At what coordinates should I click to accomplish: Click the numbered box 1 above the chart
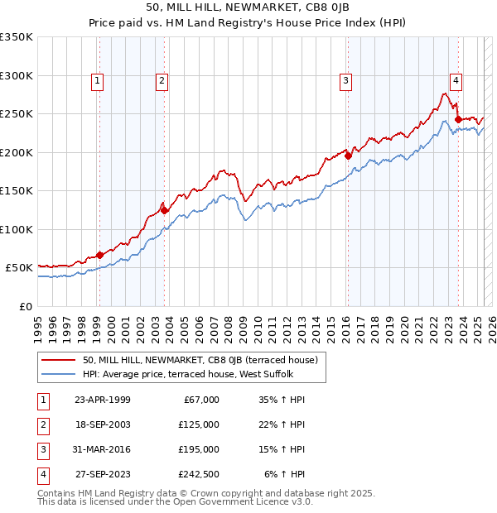(98, 80)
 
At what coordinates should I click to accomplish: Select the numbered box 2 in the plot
(161, 80)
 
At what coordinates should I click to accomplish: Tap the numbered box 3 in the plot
(345, 80)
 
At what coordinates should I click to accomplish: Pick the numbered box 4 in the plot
(456, 80)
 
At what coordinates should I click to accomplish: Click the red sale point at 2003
(164, 210)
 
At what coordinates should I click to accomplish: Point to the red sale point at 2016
(348, 156)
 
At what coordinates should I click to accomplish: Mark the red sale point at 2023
(458, 119)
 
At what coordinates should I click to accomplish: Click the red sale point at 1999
(99, 255)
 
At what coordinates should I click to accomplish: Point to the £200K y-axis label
(17, 152)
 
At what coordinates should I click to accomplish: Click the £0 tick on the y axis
(25, 306)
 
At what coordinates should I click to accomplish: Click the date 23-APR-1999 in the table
(102, 400)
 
